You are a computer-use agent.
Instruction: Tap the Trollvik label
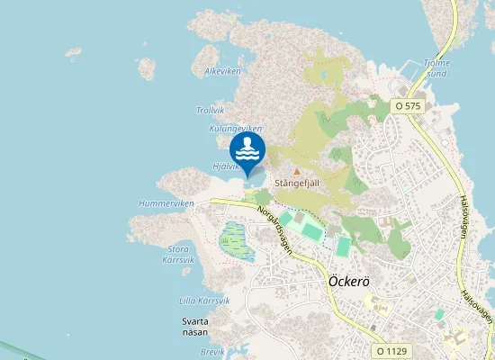[x=211, y=111]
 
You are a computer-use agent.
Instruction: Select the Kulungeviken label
[x=234, y=129]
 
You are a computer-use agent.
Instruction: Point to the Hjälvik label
[x=225, y=166]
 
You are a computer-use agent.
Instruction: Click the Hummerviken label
[x=166, y=204]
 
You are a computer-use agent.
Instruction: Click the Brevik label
[x=212, y=352]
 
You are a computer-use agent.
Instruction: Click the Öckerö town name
[x=346, y=281]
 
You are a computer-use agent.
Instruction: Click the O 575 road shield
[x=408, y=106]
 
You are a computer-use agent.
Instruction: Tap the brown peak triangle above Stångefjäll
[x=297, y=169]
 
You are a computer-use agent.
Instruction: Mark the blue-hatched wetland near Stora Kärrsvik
[x=233, y=240]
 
